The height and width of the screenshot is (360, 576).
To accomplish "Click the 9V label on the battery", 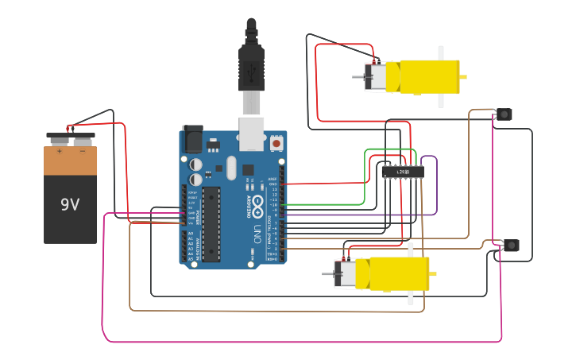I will tap(70, 204).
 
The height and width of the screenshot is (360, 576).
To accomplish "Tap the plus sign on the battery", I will tap(59, 149).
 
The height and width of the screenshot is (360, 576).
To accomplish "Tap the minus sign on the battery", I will tap(83, 149).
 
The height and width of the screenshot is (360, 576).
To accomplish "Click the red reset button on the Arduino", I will tap(276, 144).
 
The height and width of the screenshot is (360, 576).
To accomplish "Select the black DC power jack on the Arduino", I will tap(192, 139).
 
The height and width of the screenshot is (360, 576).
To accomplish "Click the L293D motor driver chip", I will tap(402, 172).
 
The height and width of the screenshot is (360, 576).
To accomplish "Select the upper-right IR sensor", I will tap(504, 114).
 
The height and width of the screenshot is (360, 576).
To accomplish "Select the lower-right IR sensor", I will tap(512, 245).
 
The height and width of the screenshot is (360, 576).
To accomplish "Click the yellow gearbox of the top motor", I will tap(429, 77).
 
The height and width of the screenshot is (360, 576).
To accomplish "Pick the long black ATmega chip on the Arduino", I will tap(210, 223).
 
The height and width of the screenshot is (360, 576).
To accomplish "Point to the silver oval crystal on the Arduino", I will tap(231, 168).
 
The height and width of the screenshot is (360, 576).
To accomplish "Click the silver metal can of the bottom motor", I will tap(346, 273).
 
